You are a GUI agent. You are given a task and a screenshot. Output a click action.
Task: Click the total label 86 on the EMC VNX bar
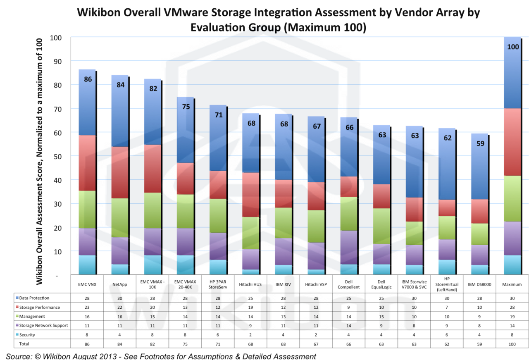[88, 79]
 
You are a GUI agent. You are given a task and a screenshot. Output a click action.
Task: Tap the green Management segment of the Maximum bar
[512, 198]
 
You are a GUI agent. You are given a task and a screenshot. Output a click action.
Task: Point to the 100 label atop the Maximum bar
[513, 47]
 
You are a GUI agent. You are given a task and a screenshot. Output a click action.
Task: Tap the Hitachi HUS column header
[250, 284]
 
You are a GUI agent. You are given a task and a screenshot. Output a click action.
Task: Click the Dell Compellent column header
[349, 284]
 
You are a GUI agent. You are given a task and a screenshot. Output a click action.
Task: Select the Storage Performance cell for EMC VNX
[87, 307]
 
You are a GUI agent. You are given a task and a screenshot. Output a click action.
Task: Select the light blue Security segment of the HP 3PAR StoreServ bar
[217, 267]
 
